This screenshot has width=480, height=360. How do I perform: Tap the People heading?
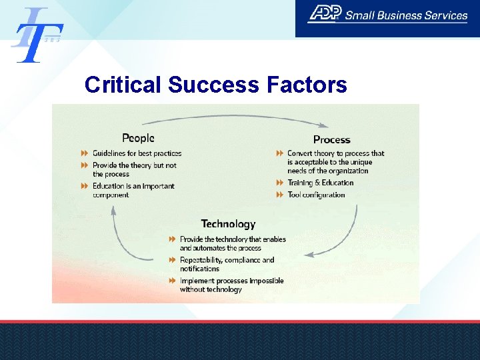pos(138,138)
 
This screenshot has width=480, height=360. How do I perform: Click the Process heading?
pos(331,139)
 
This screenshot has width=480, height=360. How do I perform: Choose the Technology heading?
pos(228,224)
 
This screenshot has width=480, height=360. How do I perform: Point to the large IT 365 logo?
pos(37,35)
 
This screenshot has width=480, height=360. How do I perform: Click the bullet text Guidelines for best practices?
pos(137,153)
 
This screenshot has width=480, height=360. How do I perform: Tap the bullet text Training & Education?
pos(320,183)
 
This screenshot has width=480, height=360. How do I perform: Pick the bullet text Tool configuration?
pos(316,195)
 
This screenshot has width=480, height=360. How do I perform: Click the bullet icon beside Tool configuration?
pos(280,195)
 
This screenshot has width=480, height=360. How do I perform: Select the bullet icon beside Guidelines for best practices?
pos(85,153)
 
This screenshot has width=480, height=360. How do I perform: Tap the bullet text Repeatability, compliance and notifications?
pos(227,264)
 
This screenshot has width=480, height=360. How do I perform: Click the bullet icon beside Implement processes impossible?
pos(172,281)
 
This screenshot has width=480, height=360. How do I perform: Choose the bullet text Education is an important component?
pos(133,190)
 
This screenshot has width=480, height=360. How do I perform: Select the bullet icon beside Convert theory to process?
pos(280,153)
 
